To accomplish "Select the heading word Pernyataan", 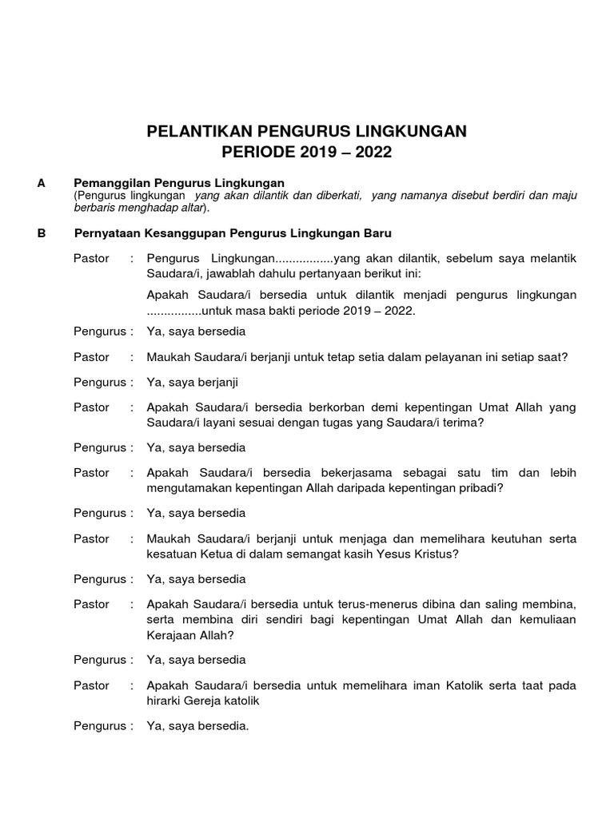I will [x=108, y=233].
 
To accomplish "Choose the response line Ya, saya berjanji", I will [x=193, y=382].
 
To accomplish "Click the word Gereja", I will [x=209, y=701].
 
